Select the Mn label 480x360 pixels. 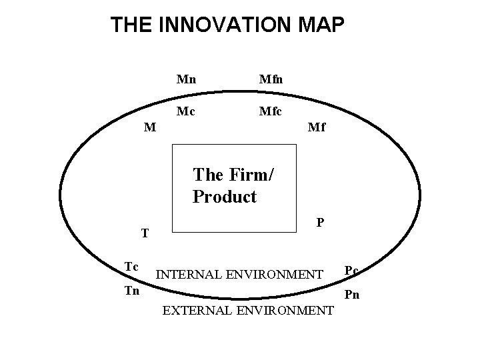coord(186,79)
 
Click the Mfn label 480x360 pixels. coord(271,79)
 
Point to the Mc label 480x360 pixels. coord(186,111)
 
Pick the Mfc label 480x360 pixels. coord(271,111)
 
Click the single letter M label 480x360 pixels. coord(151,127)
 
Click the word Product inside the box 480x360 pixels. coord(224,197)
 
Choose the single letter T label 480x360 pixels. coord(145,234)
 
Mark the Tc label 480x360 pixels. coord(131,267)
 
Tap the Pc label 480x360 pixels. coord(351,270)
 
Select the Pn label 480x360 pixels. coord(351,294)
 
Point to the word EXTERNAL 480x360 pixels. coord(194,311)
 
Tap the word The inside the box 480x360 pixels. coord(208,175)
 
